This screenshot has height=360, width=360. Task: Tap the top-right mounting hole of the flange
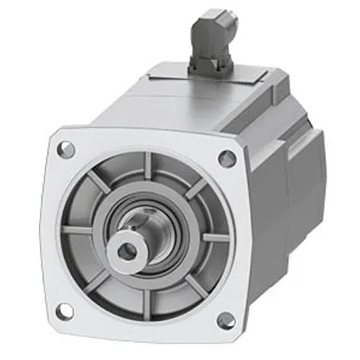click(227, 158)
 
